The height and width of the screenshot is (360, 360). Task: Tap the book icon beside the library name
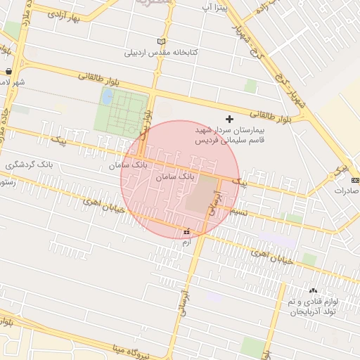(x=162, y=41)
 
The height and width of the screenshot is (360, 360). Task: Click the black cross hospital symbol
(x=229, y=120)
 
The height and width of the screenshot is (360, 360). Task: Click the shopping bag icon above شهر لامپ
(x=8, y=71)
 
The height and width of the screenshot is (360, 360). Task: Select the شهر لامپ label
(x=11, y=82)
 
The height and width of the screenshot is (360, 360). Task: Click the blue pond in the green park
(x=108, y=96)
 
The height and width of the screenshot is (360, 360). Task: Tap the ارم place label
(x=186, y=242)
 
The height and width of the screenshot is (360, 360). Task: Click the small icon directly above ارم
(x=186, y=232)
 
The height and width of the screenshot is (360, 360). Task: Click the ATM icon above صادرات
(x=354, y=181)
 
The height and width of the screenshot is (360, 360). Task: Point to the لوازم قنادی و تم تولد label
(x=314, y=306)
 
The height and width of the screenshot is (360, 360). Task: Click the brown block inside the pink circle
(x=202, y=195)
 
